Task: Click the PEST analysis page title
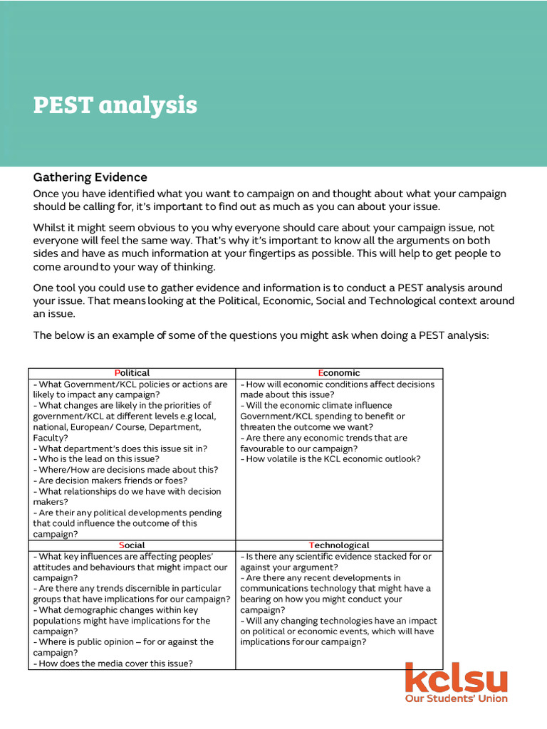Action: (115, 105)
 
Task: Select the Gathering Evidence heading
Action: (90, 177)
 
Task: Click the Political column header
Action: (132, 373)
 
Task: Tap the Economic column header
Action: (339, 373)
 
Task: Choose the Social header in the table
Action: (132, 545)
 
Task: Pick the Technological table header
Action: (339, 545)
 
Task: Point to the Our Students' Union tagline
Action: (456, 699)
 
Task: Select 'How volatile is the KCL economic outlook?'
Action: (330, 459)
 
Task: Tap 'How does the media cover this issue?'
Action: (113, 664)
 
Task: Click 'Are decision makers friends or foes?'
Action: (110, 481)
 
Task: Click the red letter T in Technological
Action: (311, 545)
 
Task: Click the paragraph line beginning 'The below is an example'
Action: (261, 335)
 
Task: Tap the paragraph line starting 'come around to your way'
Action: (124, 267)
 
